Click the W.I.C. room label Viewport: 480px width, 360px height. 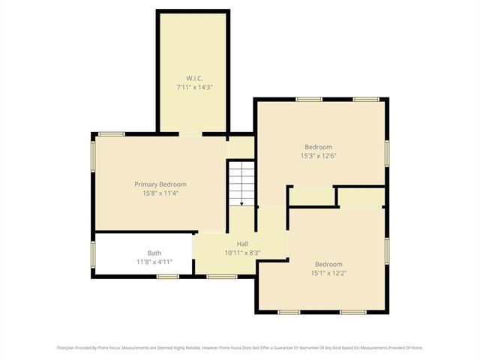(194, 78)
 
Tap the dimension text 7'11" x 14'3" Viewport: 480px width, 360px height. (194, 87)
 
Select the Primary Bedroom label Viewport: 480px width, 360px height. (160, 184)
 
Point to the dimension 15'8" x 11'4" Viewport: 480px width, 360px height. (160, 193)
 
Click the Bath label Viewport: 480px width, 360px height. (154, 253)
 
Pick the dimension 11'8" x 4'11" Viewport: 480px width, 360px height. (154, 262)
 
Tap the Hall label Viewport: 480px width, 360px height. (242, 244)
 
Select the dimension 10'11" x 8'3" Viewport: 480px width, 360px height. (242, 253)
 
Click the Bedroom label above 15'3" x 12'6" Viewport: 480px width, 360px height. (318, 146)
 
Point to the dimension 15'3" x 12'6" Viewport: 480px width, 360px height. (318, 155)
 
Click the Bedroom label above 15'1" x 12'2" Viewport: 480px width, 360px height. (328, 264)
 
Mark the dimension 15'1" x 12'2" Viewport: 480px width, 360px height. (328, 273)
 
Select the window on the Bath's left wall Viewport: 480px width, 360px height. (93, 253)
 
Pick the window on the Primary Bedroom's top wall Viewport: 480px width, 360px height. (112, 134)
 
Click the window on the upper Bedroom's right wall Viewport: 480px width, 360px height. (387, 152)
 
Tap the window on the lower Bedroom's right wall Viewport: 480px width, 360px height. (387, 250)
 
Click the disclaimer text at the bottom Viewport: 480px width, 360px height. (240, 347)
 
